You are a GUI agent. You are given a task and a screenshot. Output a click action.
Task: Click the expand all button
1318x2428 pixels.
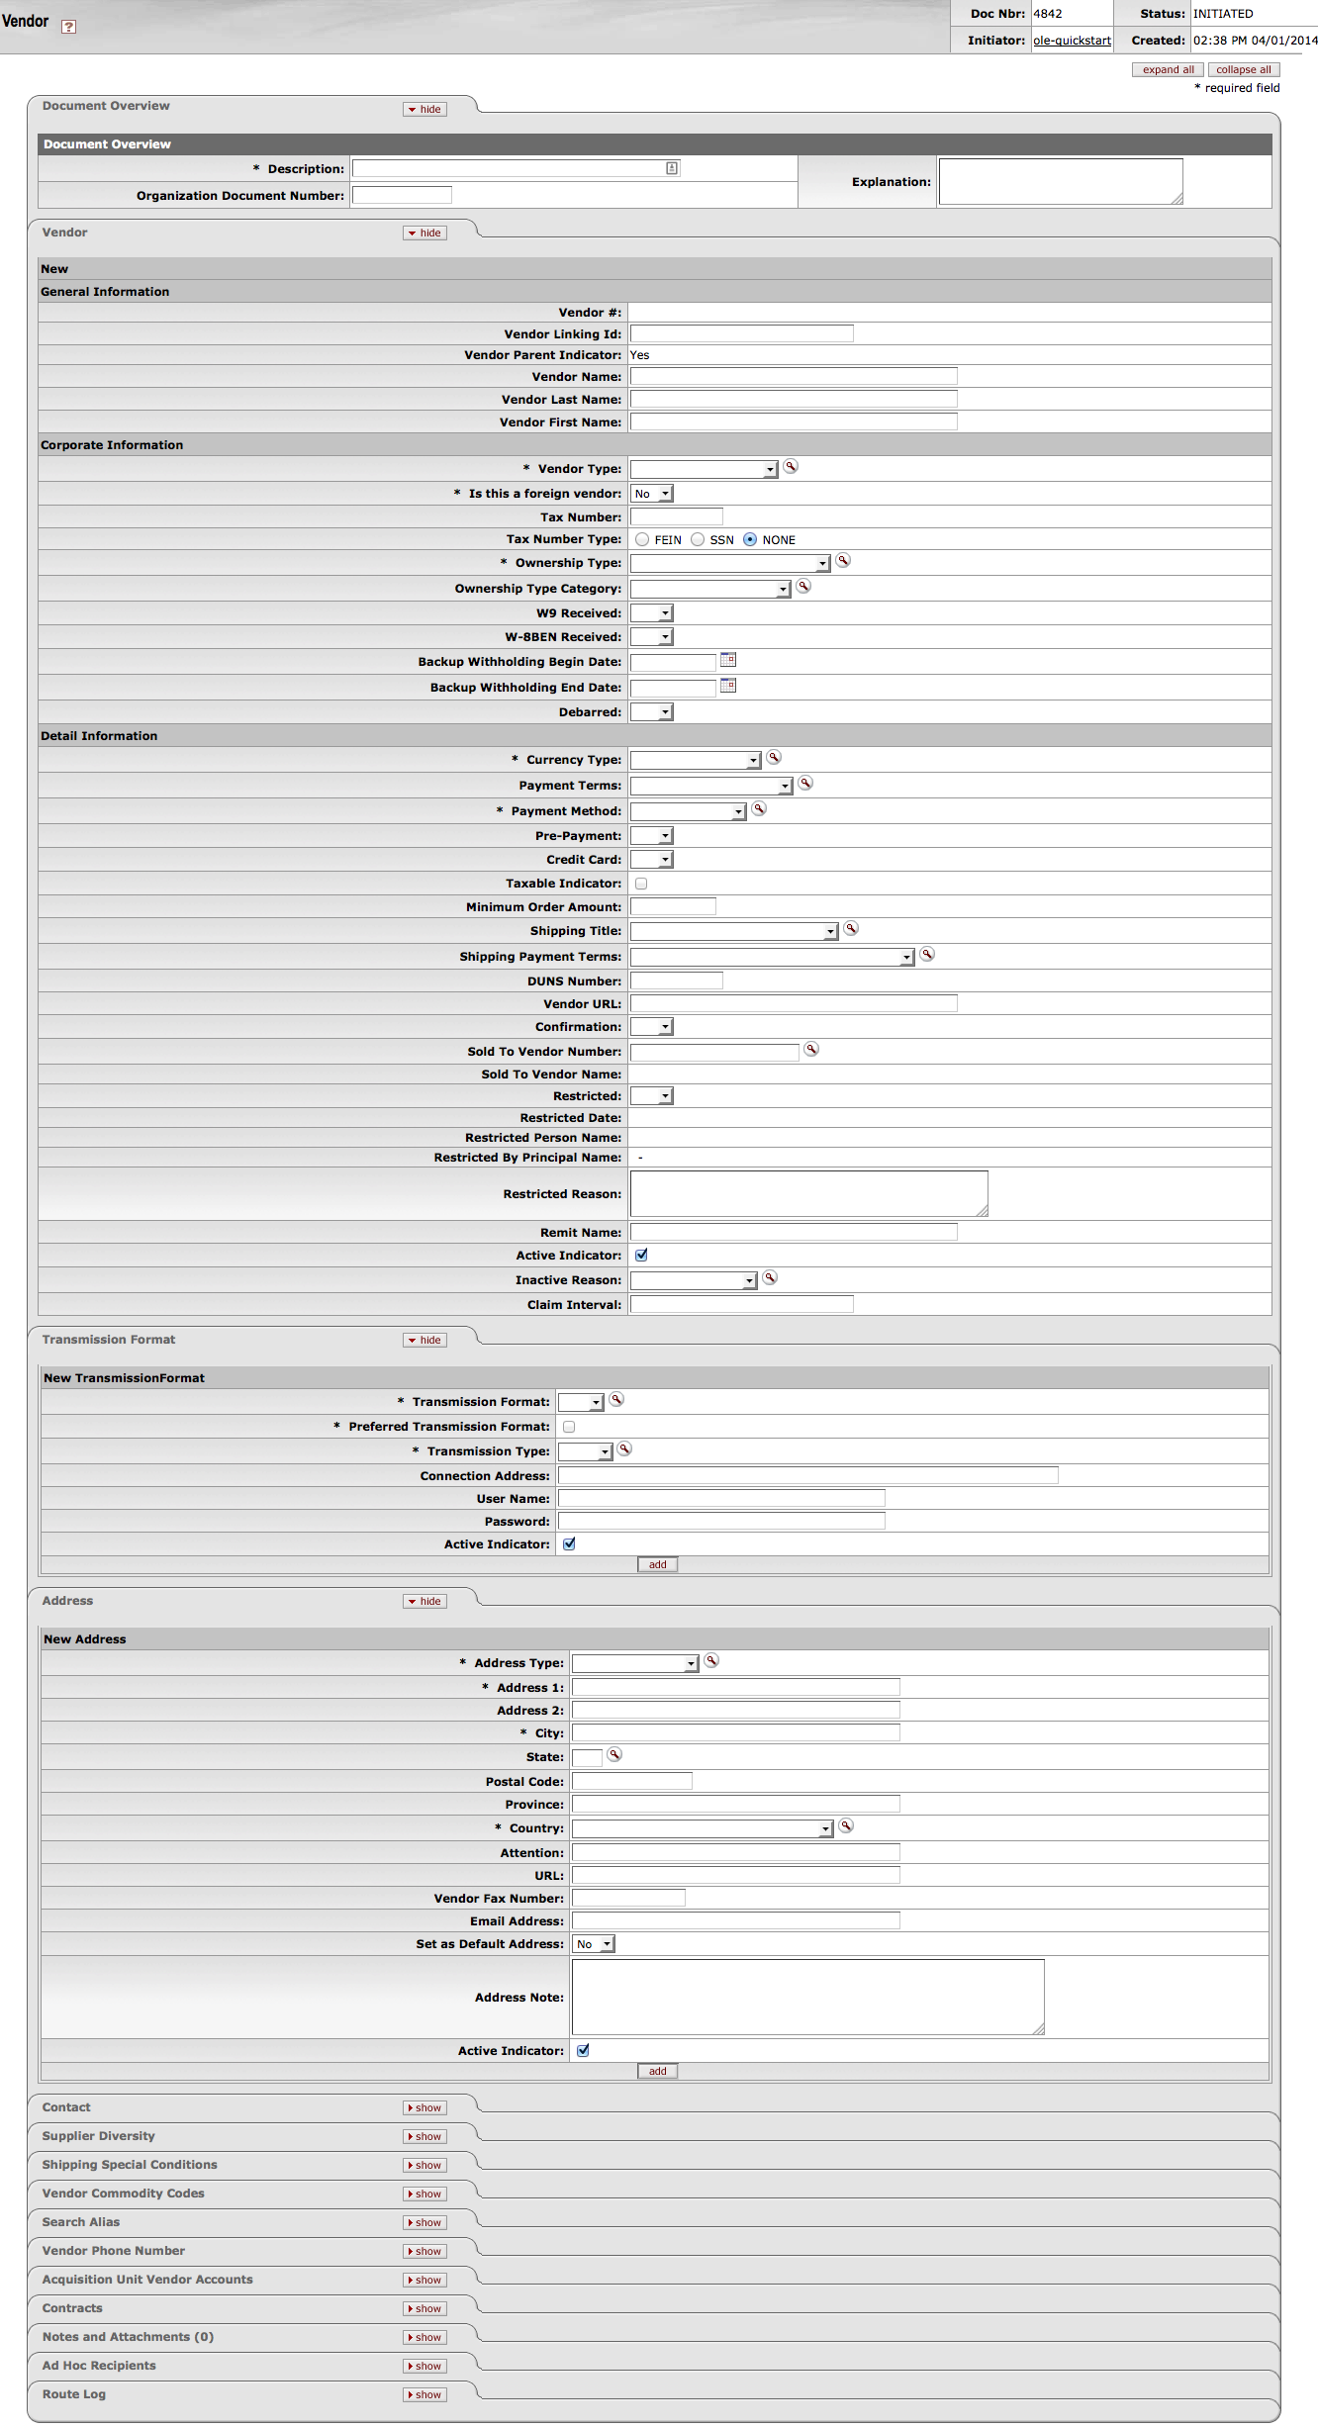pos(1168,70)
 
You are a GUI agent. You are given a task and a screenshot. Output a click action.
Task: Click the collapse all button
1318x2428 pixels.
pos(1243,70)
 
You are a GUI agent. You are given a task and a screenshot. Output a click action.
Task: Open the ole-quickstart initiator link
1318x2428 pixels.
pos(1072,41)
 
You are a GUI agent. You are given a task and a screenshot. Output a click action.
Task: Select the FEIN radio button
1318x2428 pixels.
pos(643,540)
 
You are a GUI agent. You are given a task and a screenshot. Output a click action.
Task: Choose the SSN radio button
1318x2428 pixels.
pos(699,540)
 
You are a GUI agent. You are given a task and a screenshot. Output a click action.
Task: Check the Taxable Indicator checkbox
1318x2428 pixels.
pos(641,884)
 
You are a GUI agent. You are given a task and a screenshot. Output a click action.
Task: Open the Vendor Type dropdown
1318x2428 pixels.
pos(705,469)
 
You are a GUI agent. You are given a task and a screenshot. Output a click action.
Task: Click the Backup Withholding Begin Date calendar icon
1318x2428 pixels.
pos(728,660)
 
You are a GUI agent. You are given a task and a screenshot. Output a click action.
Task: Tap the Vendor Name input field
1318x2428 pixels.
pos(794,377)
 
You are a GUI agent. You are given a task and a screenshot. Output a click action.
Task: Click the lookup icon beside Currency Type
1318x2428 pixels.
pos(774,758)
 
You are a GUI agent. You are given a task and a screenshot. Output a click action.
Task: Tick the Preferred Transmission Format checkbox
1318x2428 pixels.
pos(569,1427)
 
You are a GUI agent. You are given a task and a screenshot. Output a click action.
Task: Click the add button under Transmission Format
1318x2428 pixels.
pos(657,1564)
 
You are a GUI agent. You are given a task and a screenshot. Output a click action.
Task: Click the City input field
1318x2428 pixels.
pos(735,1732)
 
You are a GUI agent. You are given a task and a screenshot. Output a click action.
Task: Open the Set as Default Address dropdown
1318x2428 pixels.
pos(594,1944)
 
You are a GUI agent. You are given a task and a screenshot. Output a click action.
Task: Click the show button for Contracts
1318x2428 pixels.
pos(424,2308)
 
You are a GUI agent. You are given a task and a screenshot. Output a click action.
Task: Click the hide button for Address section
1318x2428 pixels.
pos(424,1601)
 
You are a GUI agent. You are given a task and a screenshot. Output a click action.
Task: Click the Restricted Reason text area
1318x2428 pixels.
pos(808,1193)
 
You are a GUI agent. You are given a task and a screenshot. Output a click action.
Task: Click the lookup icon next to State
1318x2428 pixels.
pos(614,1755)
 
